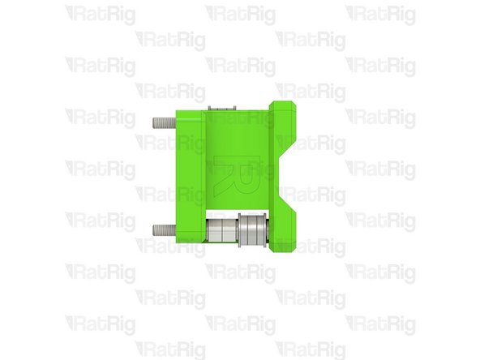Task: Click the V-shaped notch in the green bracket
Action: pyautogui.click(x=284, y=171)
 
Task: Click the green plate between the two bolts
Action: pyautogui.click(x=188, y=174)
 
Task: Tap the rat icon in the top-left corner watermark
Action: pyautogui.click(x=72, y=13)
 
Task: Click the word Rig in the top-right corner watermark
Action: pyautogui.click(x=398, y=15)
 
